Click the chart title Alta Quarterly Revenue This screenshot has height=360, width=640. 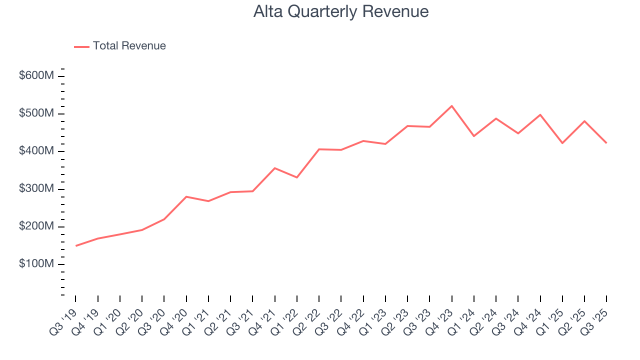click(x=340, y=11)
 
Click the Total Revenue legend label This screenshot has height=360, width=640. click(x=129, y=46)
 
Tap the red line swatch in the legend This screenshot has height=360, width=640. click(x=81, y=46)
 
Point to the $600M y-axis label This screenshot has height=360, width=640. click(x=36, y=76)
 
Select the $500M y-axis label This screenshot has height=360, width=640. click(x=36, y=113)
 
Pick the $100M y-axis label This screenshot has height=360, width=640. click(x=36, y=264)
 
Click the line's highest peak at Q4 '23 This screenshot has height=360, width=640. click(x=452, y=106)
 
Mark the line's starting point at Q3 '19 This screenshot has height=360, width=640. click(x=76, y=245)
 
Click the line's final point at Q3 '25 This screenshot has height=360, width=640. click(x=606, y=143)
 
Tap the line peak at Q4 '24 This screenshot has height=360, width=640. click(x=540, y=114)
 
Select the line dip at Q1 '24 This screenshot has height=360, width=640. click(x=474, y=136)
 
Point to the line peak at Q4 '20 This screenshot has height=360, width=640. click(x=186, y=196)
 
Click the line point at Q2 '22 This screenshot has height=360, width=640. click(x=319, y=149)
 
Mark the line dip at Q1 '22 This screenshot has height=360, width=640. click(x=297, y=177)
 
